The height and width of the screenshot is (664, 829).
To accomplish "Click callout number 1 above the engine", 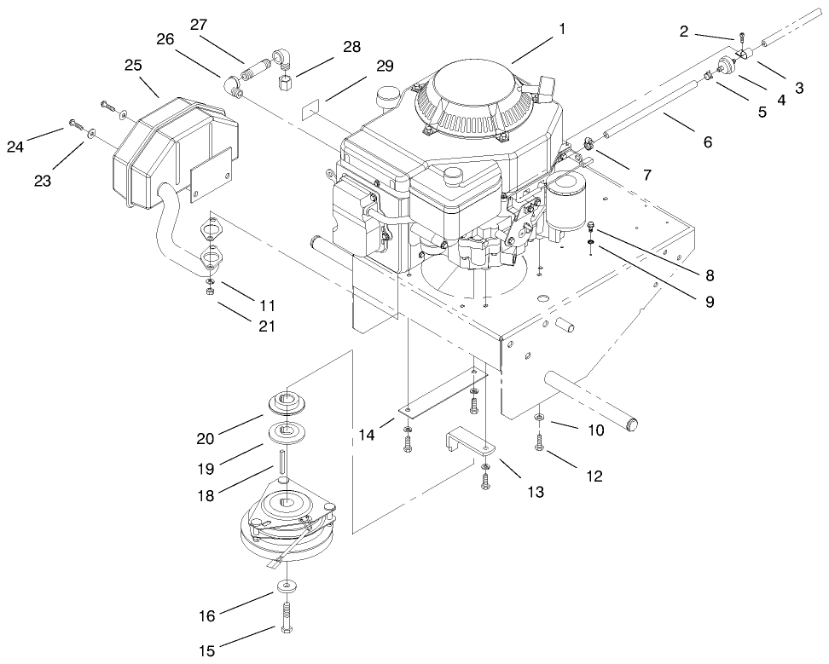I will tap(562, 29).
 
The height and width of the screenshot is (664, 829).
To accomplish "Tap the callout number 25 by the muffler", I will tap(132, 66).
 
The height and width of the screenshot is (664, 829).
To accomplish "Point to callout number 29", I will tap(385, 66).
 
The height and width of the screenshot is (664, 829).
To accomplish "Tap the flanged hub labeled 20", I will tap(288, 401).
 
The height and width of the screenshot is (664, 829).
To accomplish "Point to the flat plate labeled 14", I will tap(443, 394).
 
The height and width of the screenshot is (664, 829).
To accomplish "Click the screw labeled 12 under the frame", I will tap(539, 443).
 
